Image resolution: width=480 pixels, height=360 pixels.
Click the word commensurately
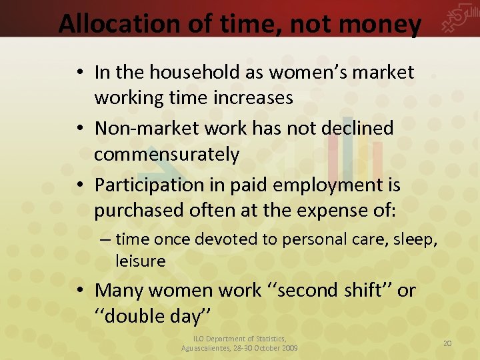point(167,155)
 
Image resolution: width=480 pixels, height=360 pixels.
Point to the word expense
point(330,211)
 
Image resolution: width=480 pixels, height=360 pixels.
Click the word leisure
point(140,261)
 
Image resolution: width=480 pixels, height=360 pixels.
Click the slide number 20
point(447,343)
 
